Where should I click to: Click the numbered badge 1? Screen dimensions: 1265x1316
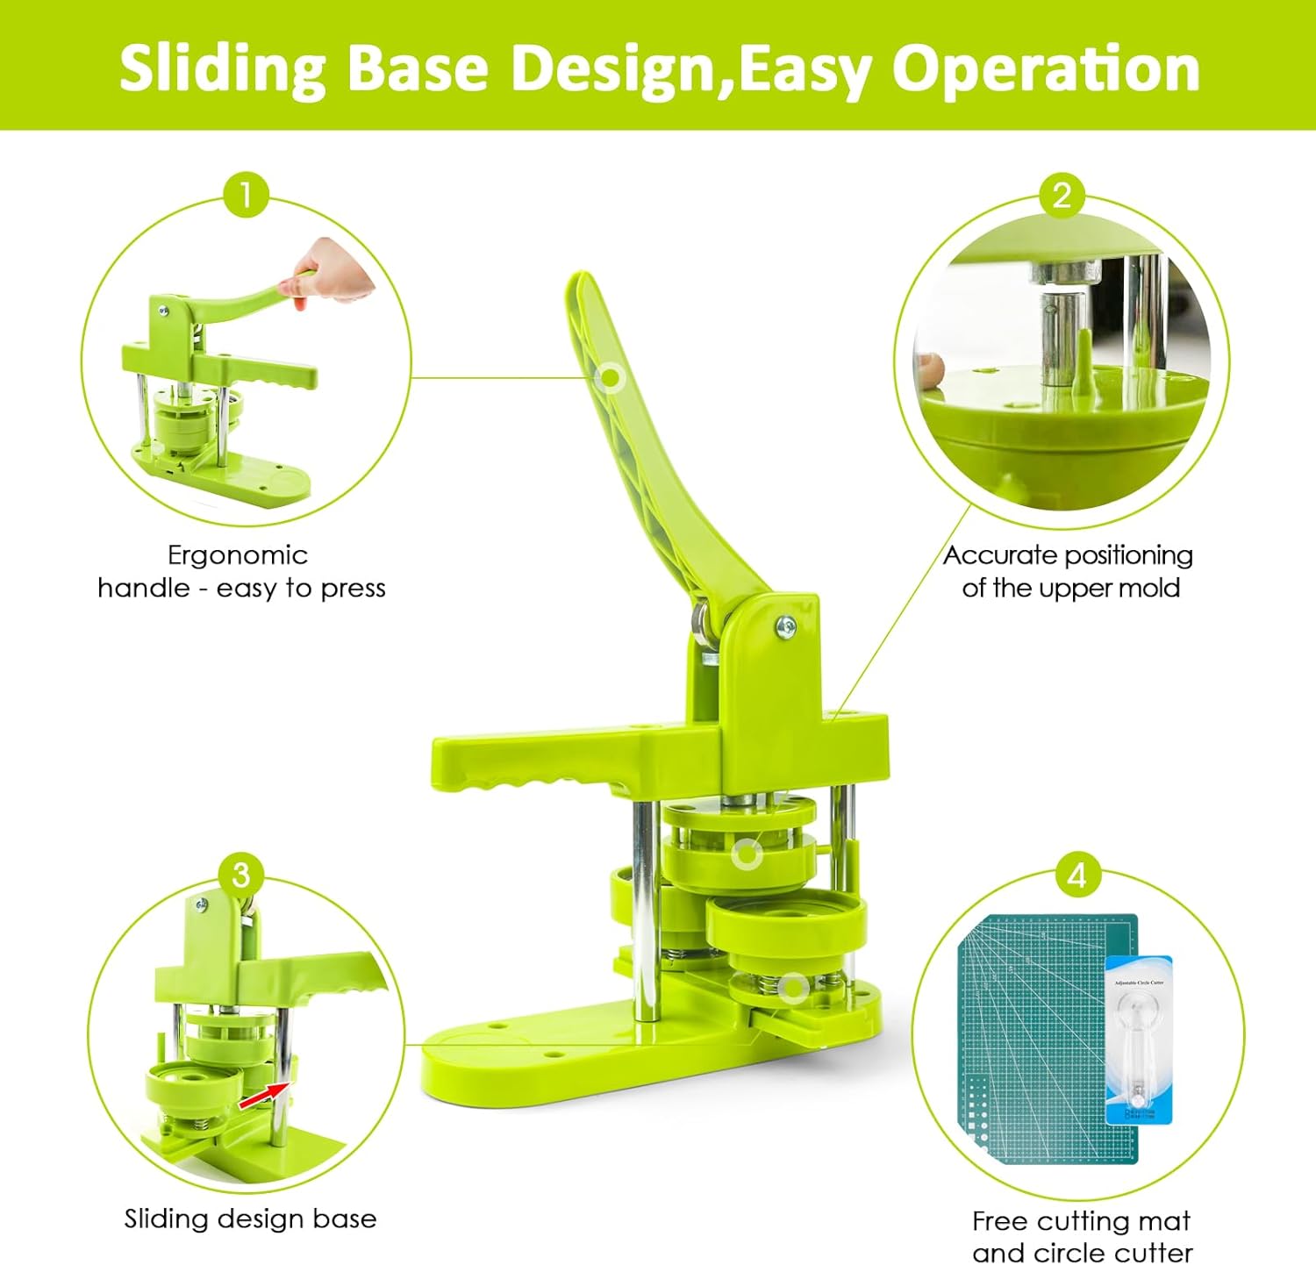pos(246,194)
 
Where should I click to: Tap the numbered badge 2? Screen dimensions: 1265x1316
pos(1062,194)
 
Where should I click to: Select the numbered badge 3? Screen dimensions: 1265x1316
pos(241,874)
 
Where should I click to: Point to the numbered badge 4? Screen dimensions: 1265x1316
pos(1076,874)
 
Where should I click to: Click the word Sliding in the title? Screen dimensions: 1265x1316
pos(222,69)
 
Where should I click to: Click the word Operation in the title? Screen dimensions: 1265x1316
pos(1045,69)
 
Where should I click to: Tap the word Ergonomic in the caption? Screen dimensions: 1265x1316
pos(238,555)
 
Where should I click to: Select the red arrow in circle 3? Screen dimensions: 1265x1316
pos(266,1093)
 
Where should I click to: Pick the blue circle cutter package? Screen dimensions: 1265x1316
pos(1138,1040)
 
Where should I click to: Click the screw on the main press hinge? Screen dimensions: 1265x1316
pos(785,625)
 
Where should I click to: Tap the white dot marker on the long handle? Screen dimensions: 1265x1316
pos(609,378)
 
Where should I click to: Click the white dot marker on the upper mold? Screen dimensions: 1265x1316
pos(747,853)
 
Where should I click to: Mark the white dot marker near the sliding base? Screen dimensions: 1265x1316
pos(793,989)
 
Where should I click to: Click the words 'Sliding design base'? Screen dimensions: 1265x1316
pos(250,1219)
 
